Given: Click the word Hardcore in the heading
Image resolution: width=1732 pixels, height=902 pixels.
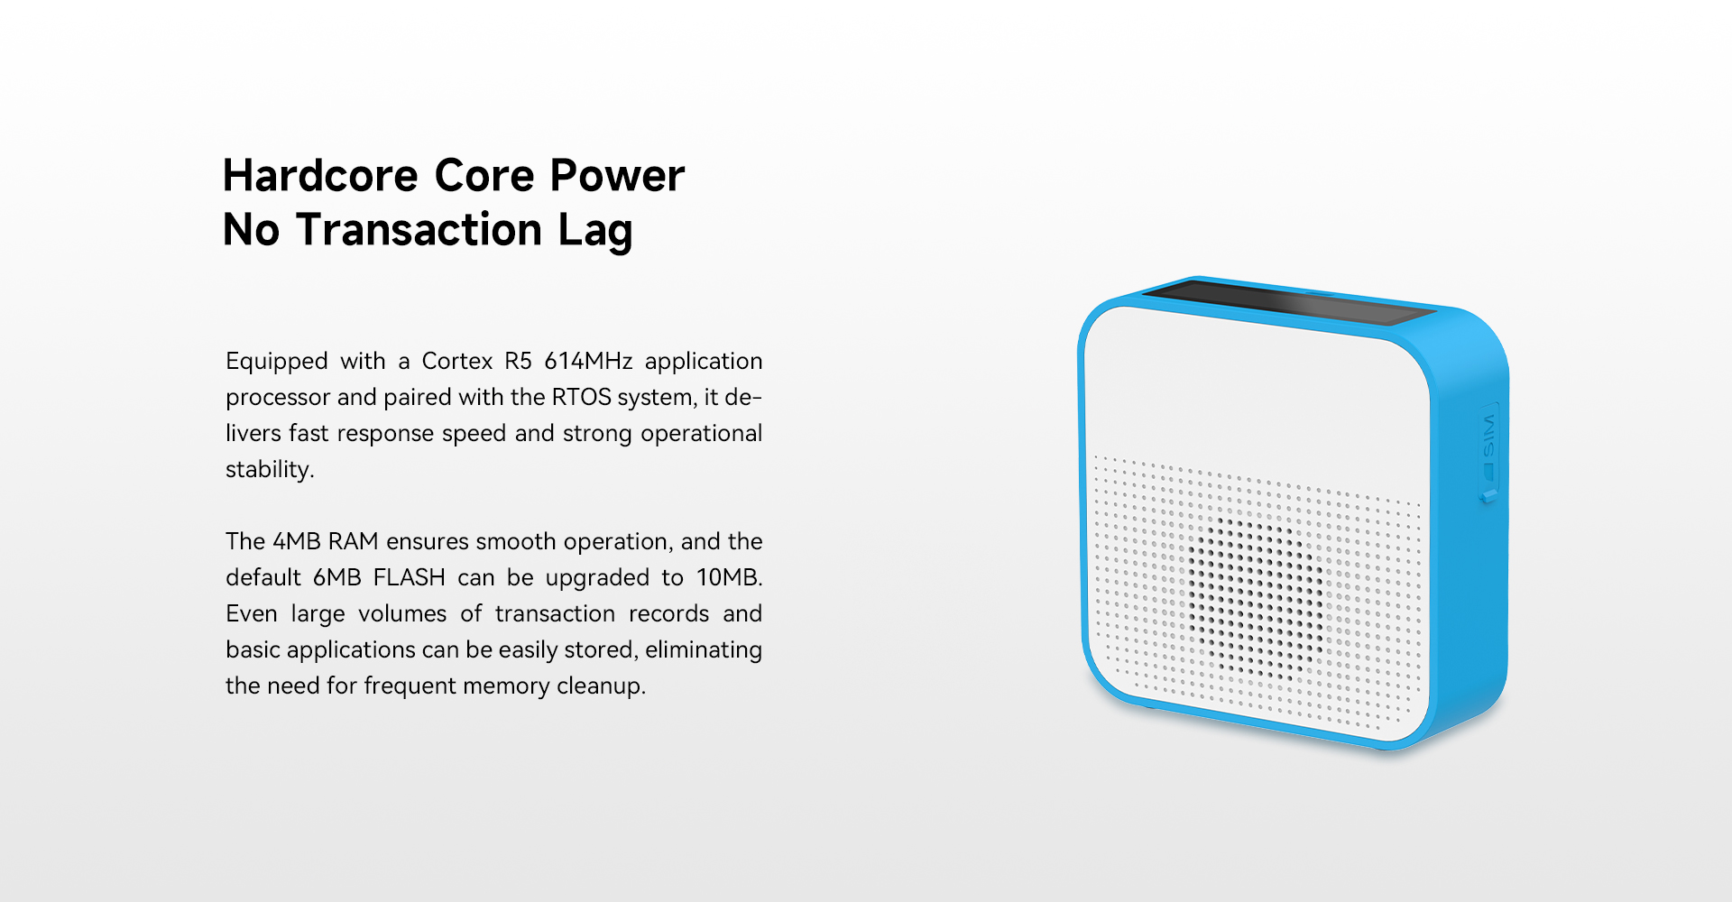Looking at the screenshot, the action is pos(321,175).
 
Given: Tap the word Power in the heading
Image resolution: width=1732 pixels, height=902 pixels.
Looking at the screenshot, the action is pos(618,175).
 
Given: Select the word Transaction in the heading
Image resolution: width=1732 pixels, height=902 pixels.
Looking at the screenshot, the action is pos(419,229).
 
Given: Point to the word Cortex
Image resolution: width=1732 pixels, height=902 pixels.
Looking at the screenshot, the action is pos(457,361).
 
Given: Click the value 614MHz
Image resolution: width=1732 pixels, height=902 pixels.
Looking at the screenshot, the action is pos(588,361).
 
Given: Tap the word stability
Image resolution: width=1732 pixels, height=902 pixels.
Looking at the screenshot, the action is pos(270,470).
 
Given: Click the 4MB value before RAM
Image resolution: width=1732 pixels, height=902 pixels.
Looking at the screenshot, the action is pos(297,541).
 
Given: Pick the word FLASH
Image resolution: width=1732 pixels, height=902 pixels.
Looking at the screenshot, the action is pos(410,577).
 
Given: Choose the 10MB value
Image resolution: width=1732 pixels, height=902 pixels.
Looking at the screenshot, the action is pos(730,577).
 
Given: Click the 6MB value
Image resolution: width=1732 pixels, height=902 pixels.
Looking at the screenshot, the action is pos(336,577).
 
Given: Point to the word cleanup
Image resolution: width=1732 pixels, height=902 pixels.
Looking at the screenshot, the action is pos(602,686).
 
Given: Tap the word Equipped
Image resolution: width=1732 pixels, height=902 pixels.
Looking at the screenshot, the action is pos(277,362).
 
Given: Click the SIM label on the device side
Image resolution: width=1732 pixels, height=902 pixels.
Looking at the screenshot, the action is pos(1489,435).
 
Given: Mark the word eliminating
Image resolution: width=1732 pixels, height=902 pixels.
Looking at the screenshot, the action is pos(704,650).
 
